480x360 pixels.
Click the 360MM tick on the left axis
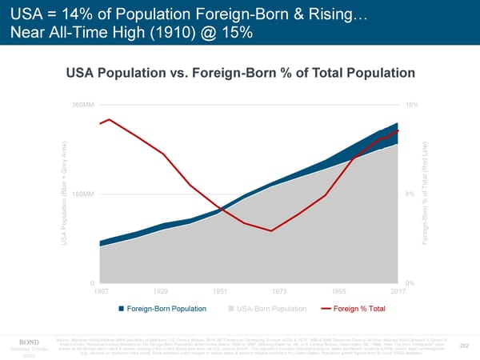coord(82,106)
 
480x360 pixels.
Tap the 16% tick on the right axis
coord(410,106)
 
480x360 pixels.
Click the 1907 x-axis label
coord(101,291)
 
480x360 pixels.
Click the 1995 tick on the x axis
coord(338,291)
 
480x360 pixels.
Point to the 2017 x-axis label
coord(398,291)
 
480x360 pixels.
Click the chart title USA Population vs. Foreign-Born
coord(240,74)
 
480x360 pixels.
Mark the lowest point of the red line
coord(272,231)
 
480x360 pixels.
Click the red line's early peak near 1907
coord(109,119)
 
